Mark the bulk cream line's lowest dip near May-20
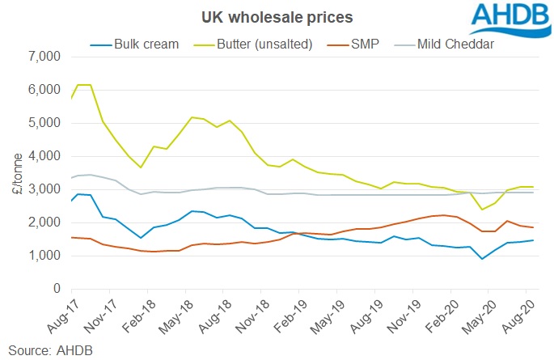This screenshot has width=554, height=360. coord(483,259)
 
